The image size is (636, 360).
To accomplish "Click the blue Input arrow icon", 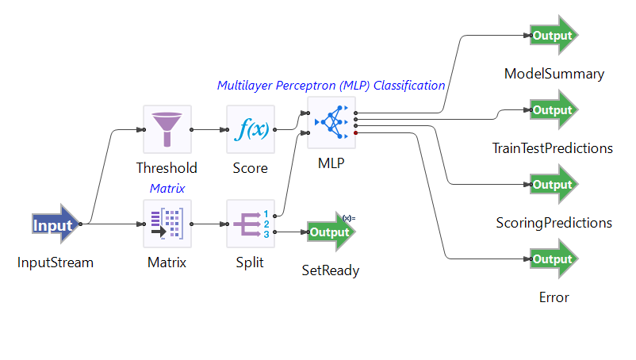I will point(56,225).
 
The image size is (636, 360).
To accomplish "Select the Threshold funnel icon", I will point(167,129).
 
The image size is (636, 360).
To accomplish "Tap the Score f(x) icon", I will point(251,129).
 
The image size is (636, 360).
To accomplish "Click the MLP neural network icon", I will point(331,123).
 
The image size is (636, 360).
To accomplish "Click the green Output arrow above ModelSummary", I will point(554,36).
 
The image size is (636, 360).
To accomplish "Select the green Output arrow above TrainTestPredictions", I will point(554,110).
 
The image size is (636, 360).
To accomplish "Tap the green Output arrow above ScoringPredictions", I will point(554,185).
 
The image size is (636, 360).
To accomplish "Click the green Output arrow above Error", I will point(554,259).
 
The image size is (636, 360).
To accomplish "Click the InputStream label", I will point(56,262).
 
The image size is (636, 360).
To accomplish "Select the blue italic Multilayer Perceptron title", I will point(331,85).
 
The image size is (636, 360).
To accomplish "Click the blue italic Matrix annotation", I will point(167,188).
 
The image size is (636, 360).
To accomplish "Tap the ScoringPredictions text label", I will point(554,223).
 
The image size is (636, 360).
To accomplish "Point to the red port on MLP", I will point(356,133).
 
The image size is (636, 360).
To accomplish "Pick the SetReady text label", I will point(331,270).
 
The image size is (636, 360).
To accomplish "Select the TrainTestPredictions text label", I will point(552,148).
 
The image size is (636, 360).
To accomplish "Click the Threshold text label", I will point(167,168).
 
